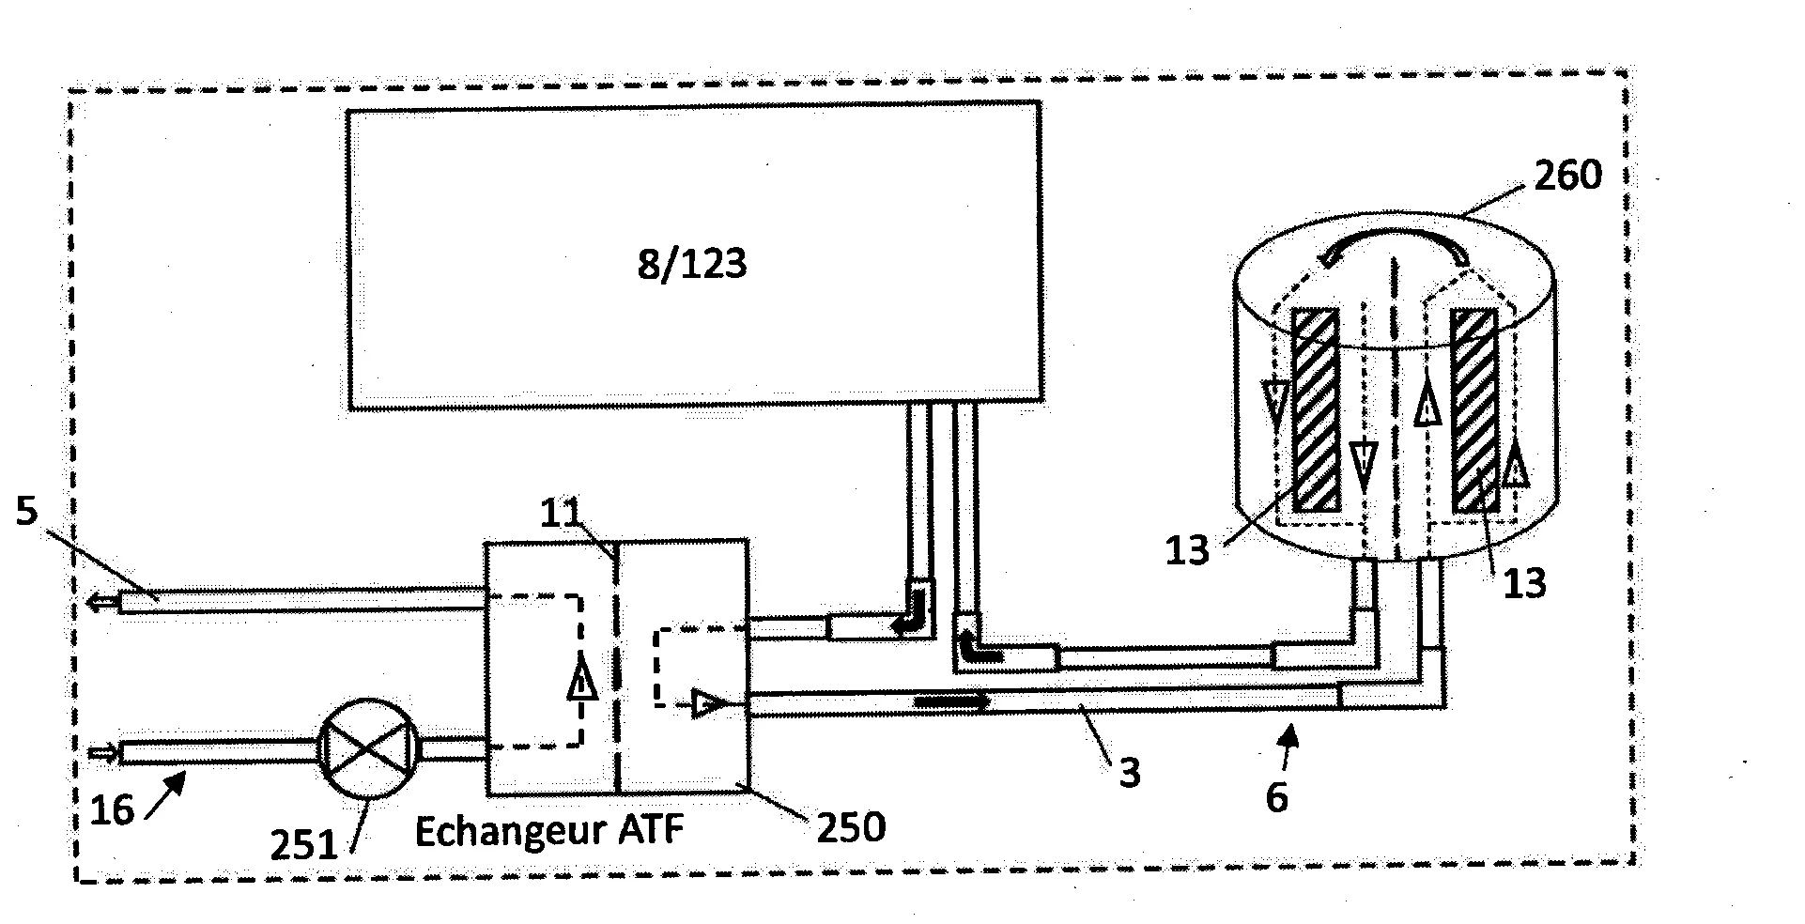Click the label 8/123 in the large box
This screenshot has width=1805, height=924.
click(692, 265)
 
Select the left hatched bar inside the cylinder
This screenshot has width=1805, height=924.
click(1315, 410)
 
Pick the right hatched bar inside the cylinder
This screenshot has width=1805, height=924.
click(1473, 411)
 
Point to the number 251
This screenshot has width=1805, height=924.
click(302, 845)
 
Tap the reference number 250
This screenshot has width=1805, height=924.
click(850, 827)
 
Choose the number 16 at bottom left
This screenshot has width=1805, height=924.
click(112, 809)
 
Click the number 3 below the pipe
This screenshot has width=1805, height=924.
click(1130, 773)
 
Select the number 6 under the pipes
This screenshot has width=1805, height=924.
click(1276, 796)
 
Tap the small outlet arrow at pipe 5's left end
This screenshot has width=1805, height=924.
click(97, 603)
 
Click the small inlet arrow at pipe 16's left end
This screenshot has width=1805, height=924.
click(102, 752)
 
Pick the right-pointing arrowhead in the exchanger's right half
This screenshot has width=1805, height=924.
click(707, 701)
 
